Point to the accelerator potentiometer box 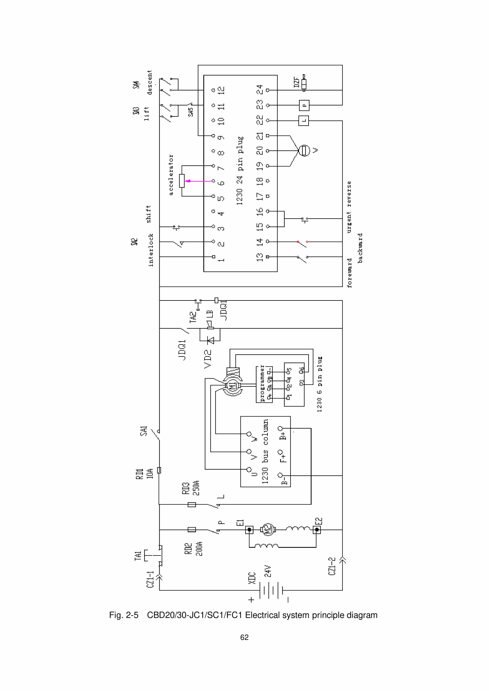182,181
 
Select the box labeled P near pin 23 304,105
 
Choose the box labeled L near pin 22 304,121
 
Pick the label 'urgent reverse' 349,207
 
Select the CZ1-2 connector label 332,566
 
